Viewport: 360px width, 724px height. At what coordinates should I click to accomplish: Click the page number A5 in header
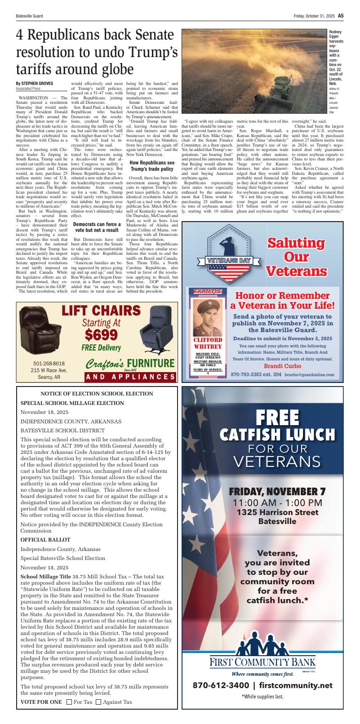341,15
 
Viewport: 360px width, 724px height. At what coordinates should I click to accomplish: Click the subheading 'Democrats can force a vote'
97,227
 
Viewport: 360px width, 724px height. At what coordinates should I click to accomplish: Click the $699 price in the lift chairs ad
101,335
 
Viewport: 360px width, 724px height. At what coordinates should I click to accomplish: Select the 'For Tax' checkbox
69,702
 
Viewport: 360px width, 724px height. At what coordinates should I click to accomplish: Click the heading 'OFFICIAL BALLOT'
45,539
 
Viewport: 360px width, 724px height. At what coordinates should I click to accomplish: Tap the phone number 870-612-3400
221,685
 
